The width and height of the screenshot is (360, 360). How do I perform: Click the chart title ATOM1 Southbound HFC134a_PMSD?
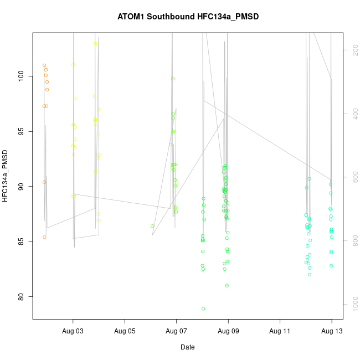tap(188, 17)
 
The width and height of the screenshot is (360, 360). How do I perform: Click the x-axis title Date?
tap(187, 347)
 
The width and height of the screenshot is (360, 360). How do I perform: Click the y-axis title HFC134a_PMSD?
tap(6, 176)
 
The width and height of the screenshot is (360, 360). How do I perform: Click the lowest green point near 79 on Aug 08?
tap(203, 308)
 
